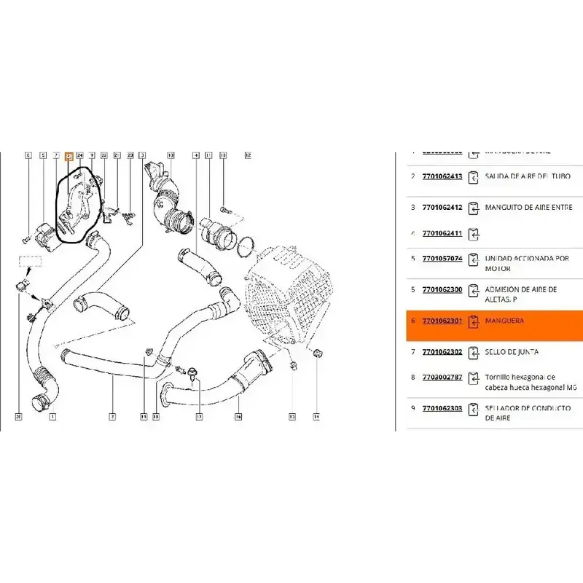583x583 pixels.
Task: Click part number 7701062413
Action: pyautogui.click(x=442, y=176)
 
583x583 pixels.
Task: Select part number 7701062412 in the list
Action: pyautogui.click(x=442, y=207)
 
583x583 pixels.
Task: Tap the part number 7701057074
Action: pyautogui.click(x=442, y=259)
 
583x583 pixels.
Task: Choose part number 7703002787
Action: pyautogui.click(x=442, y=377)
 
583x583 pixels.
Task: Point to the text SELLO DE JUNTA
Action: pyautogui.click(x=512, y=352)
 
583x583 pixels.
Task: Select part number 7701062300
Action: pyautogui.click(x=442, y=289)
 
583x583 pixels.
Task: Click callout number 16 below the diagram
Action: pyautogui.click(x=238, y=417)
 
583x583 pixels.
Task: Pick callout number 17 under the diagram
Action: pyautogui.click(x=198, y=417)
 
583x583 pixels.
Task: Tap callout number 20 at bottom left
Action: pyautogui.click(x=18, y=417)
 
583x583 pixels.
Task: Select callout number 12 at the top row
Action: pyautogui.click(x=247, y=155)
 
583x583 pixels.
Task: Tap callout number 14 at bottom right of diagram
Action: pyautogui.click(x=317, y=417)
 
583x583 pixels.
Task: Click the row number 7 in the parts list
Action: pyautogui.click(x=412, y=352)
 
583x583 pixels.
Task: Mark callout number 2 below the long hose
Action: pyautogui.click(x=113, y=417)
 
